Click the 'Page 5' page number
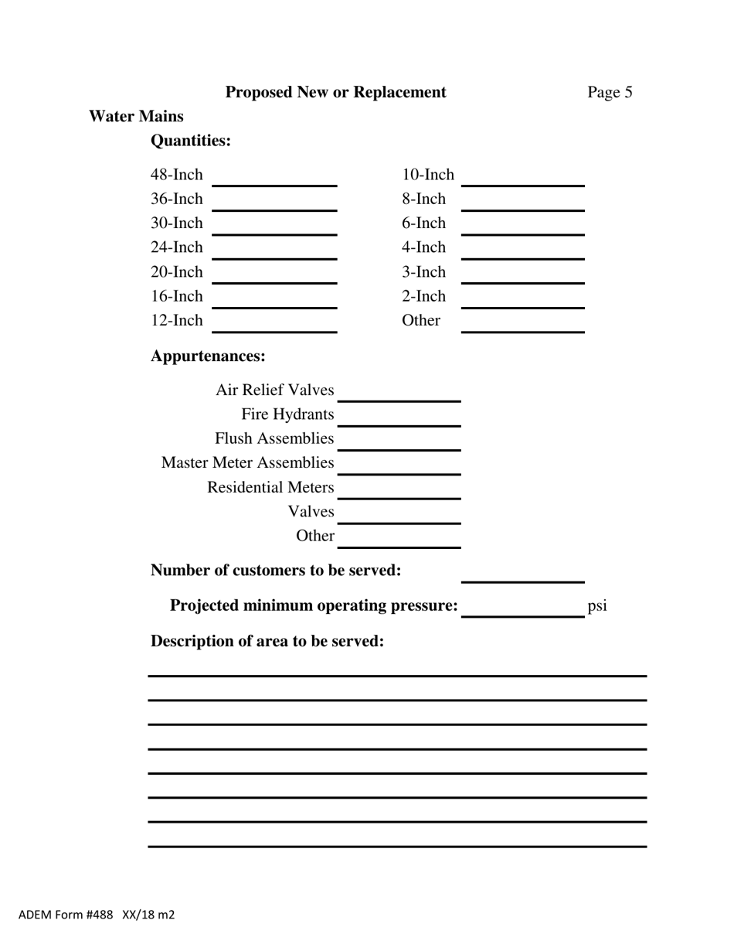610,93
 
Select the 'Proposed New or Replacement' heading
335,93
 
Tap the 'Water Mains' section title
136,117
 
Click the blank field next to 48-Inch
274,178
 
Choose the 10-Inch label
427,175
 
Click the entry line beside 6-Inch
522,227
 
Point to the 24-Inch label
176,247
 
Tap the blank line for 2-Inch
522,299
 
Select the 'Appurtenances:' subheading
208,356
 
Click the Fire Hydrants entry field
399,418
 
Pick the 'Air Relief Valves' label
274,390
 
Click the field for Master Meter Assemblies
399,465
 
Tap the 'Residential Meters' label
270,488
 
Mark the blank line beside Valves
399,515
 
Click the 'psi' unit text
597,605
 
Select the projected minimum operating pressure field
522,608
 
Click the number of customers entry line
522,574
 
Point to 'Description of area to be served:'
267,642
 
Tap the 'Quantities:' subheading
190,141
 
